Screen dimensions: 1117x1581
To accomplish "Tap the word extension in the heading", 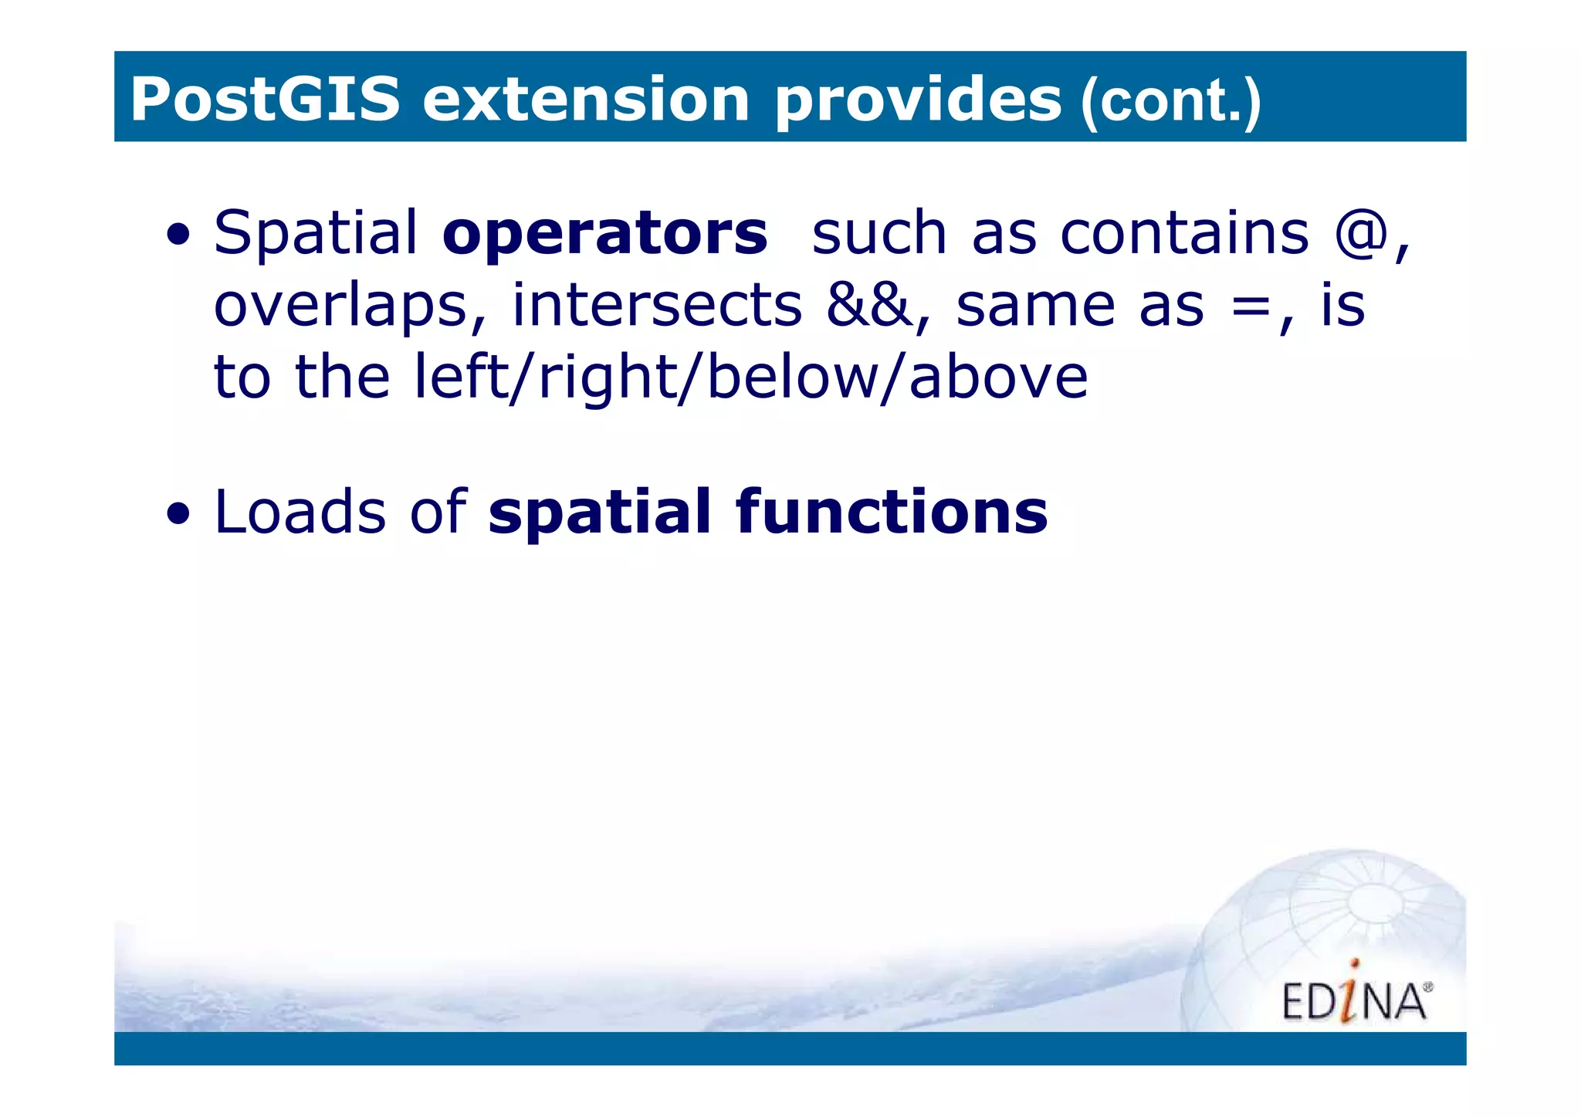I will (586, 100).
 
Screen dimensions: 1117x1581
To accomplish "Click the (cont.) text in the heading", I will (1171, 102).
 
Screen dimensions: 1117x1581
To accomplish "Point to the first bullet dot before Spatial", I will (178, 235).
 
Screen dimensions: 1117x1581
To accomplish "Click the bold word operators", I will (605, 235).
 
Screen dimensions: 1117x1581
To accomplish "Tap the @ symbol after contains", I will (1361, 233).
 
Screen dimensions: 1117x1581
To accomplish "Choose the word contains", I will (1184, 233).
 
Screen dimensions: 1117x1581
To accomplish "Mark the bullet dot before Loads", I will (178, 515).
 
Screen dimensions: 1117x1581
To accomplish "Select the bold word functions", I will (892, 512).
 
